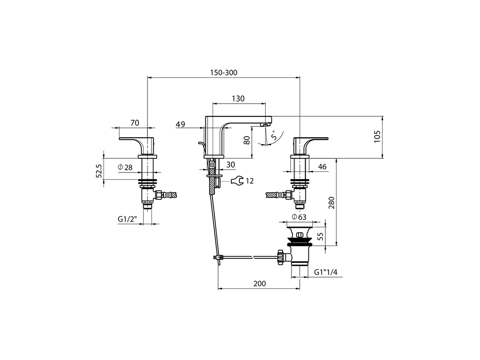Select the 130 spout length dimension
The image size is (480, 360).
point(238,99)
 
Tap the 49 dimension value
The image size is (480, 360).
point(180,124)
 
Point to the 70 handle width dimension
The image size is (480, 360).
point(135,123)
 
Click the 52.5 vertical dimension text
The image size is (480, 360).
point(99,170)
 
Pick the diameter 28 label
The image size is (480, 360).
point(125,168)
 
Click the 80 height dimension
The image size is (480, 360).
point(246,141)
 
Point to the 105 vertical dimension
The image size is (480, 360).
point(377,136)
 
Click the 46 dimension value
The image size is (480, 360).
point(322,167)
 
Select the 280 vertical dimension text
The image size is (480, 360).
point(331,202)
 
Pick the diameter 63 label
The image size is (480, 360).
point(299,217)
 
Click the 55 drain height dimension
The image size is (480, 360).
point(320,236)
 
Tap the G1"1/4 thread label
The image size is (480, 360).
point(326,272)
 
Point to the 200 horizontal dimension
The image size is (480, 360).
point(259,283)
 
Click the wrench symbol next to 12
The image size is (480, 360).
point(237,181)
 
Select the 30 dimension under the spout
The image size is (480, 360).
point(231,165)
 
